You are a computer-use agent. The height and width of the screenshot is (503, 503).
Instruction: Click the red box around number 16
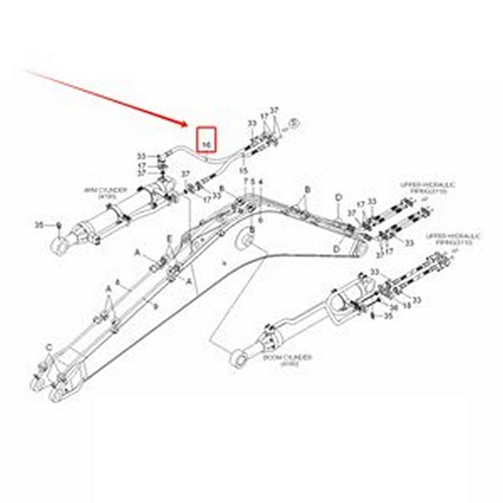pos(207,140)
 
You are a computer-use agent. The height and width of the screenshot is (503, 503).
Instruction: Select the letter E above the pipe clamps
pos(169,239)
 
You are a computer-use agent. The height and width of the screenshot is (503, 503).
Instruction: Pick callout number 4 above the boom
pos(260,182)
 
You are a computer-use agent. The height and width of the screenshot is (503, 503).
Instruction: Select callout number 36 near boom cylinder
pos(394,308)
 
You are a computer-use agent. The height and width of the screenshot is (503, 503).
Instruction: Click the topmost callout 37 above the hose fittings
pos(274,111)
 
